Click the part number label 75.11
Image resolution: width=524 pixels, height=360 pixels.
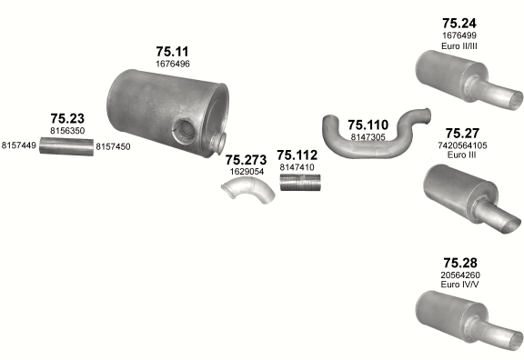[172, 52]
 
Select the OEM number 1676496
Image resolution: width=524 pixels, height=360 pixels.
[173, 64]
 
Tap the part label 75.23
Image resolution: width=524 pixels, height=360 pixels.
[67, 118]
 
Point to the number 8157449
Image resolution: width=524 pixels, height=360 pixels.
[19, 145]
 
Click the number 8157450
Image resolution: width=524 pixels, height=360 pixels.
[113, 146]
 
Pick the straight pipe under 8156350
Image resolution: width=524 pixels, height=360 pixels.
[66, 146]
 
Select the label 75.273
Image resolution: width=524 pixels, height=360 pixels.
[246, 160]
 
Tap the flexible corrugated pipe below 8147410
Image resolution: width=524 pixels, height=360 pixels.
[300, 183]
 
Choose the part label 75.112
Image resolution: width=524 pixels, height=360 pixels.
[297, 155]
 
